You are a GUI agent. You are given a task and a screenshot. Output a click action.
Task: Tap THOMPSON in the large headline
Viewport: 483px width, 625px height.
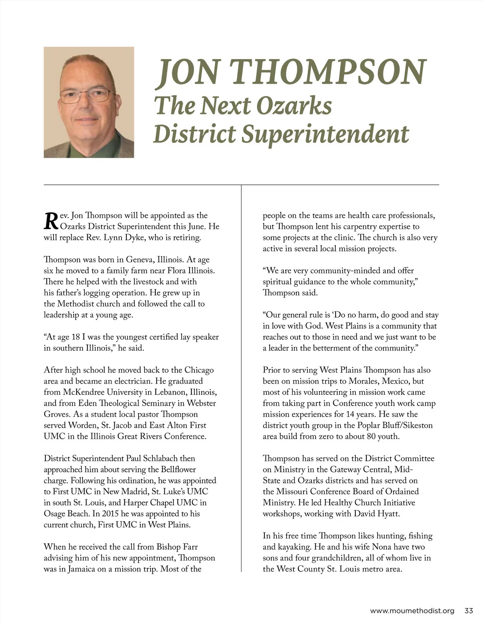click(329, 72)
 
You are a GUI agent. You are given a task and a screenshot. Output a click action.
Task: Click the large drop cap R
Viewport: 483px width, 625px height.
click(51, 221)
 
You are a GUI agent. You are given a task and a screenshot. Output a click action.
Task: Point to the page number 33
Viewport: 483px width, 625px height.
click(469, 611)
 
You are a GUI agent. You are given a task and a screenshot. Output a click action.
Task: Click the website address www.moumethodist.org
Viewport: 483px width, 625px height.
click(412, 611)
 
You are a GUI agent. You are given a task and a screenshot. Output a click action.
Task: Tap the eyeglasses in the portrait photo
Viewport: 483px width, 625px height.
click(87, 96)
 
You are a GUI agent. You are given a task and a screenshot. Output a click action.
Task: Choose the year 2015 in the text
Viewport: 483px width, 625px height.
click(110, 514)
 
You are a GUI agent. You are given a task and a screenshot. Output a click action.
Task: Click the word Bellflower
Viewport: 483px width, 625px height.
click(178, 469)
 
